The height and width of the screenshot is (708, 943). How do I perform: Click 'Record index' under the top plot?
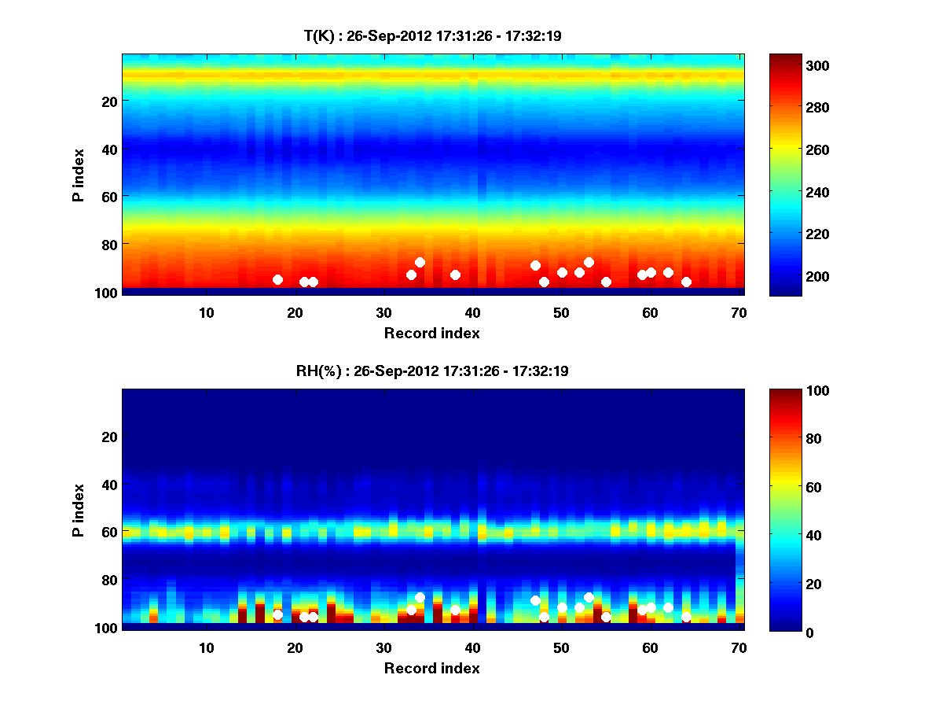[x=431, y=334]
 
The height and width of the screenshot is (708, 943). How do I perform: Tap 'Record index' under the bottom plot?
[x=431, y=669]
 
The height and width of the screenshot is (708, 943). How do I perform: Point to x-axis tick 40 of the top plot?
[x=472, y=312]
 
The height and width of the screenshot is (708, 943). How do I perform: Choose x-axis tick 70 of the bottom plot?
[x=739, y=647]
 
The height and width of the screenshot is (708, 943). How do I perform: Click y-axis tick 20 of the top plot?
[x=108, y=101]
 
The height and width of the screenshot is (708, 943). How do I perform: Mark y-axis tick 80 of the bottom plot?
[x=108, y=580]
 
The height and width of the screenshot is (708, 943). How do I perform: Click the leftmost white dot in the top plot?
[x=277, y=279]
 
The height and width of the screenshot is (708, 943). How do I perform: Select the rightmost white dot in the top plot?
[x=686, y=282]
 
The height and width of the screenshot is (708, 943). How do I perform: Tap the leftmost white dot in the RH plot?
[x=277, y=614]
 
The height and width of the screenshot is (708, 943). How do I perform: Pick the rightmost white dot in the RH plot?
[x=686, y=617]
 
